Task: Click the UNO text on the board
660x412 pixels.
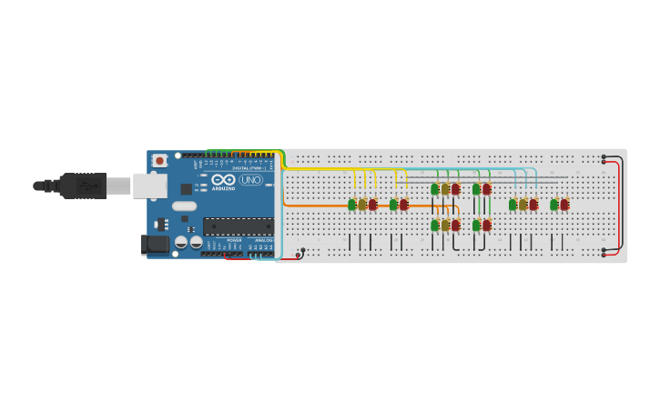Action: click(250, 180)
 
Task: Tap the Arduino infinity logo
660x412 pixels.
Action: click(224, 180)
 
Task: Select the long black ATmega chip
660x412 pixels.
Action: click(238, 226)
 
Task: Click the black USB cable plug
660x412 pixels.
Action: click(82, 186)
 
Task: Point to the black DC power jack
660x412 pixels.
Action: click(156, 244)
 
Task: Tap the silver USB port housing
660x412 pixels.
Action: click(149, 186)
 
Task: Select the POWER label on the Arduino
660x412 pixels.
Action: click(234, 240)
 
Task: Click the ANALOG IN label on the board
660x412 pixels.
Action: click(262, 240)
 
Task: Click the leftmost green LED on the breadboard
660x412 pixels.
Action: click(351, 205)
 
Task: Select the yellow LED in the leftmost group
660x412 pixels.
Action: click(362, 205)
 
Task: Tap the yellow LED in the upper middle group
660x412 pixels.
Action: click(445, 189)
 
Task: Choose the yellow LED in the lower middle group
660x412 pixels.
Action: click(445, 225)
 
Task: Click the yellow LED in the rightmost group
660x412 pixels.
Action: click(523, 205)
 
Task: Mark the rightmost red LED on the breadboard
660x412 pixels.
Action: click(564, 205)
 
